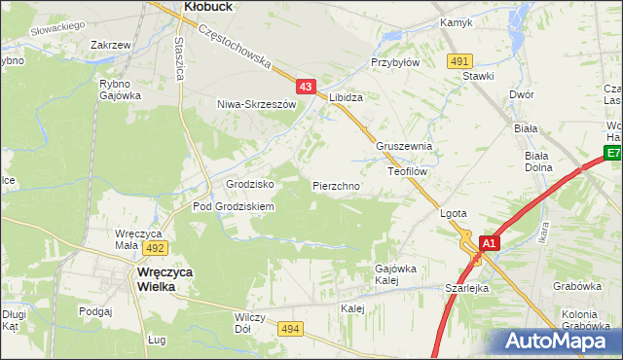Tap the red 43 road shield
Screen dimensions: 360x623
point(306,87)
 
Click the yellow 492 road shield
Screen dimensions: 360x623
point(156,248)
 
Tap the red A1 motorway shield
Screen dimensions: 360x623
point(489,243)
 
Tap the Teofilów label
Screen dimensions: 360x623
point(408,170)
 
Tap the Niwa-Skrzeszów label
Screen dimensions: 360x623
point(255,104)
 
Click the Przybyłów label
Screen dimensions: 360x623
point(394,62)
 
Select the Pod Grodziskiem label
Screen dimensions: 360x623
point(234,207)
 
